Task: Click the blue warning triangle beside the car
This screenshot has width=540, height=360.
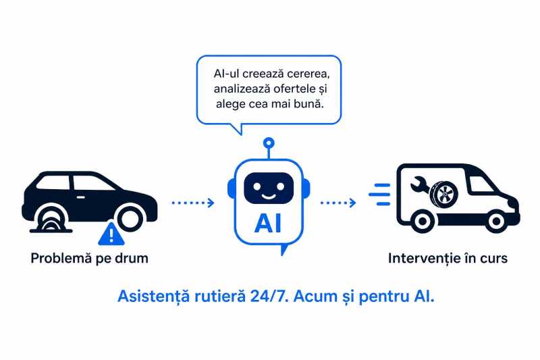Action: point(111,234)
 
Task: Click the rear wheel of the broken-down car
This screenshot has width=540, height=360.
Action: point(130,218)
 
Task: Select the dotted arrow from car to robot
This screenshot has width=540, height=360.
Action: point(193,203)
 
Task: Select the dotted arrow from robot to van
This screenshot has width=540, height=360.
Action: point(338,203)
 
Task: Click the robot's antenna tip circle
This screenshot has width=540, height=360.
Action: point(269,143)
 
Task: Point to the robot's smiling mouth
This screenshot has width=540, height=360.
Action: point(269,197)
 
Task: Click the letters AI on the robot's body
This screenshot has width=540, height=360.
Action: point(268,224)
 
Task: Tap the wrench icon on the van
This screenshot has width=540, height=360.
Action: point(419,185)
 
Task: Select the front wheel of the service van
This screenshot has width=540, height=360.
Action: point(496,221)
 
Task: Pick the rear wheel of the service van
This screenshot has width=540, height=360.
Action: point(423,221)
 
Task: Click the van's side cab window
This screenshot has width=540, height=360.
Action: point(481,184)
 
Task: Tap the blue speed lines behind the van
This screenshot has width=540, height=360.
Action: point(379,195)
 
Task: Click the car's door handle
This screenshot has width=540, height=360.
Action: point(80,197)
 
